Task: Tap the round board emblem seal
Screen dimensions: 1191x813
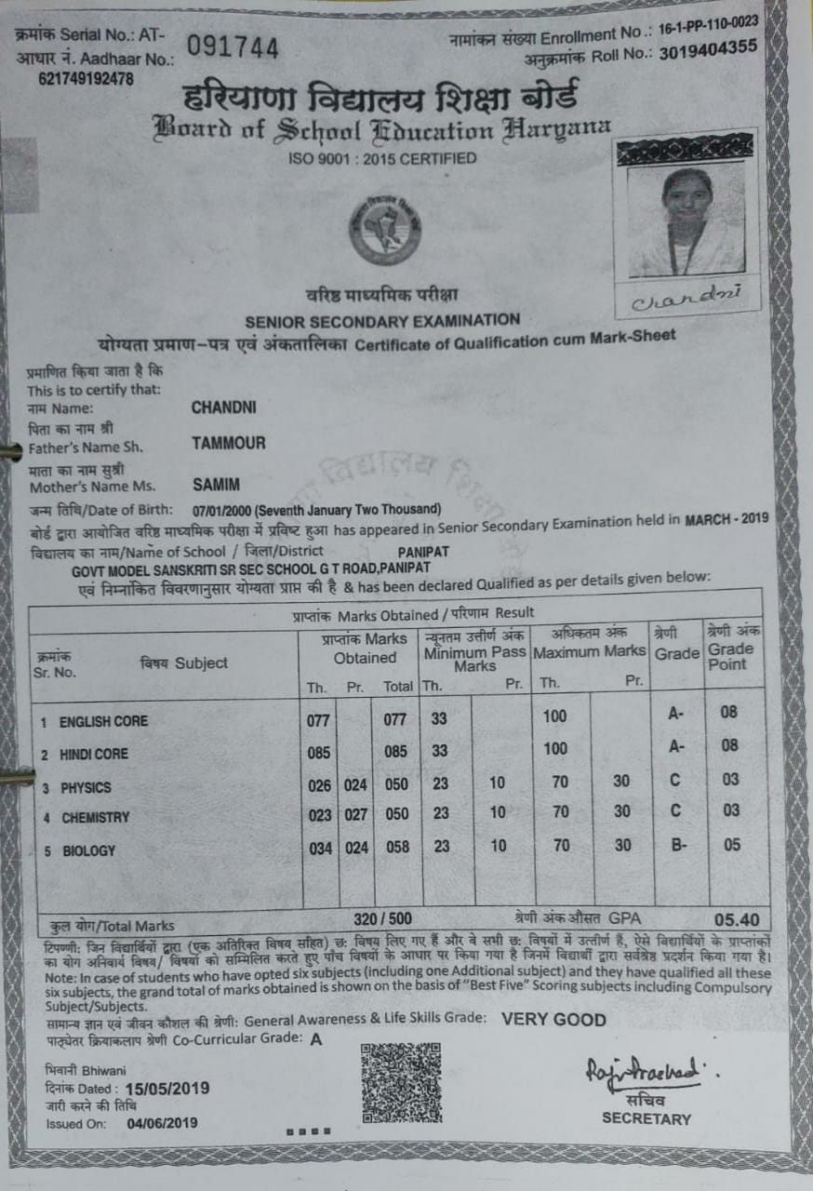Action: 384,227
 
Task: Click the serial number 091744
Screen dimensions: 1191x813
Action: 233,47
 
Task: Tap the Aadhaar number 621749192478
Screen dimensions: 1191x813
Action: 86,79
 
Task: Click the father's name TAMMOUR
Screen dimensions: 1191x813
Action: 228,443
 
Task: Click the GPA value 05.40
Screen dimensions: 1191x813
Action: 739,919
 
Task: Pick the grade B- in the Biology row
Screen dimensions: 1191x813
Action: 677,846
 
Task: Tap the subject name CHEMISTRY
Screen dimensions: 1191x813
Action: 96,819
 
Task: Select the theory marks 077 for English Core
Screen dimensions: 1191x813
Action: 319,719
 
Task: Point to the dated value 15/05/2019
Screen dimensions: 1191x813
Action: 167,1089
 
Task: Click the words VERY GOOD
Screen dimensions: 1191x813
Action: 553,1019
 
